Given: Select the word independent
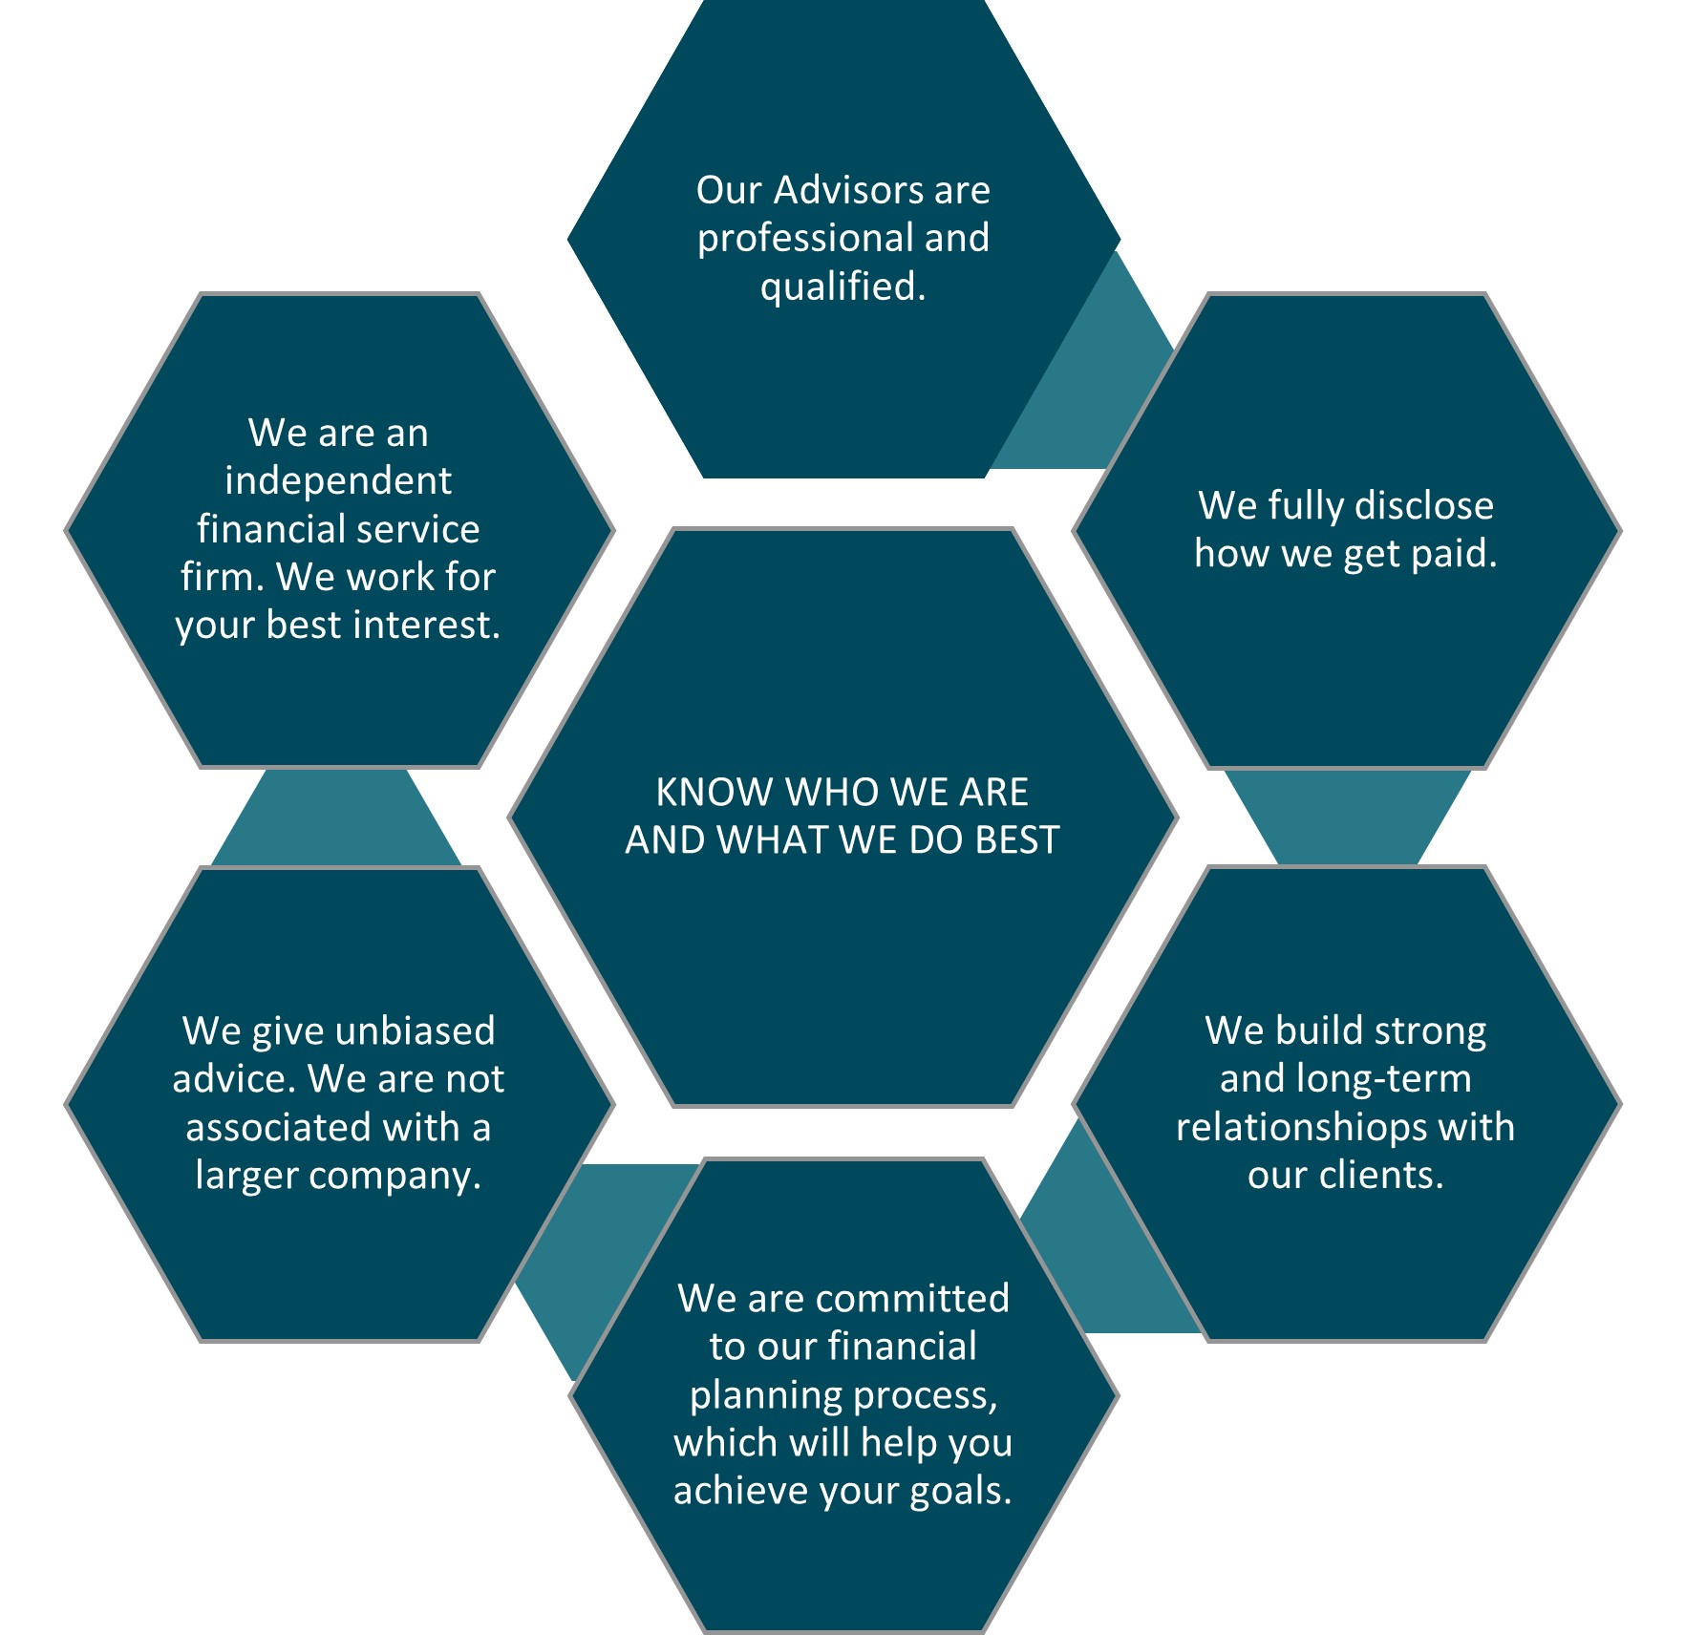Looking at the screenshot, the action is (x=338, y=480).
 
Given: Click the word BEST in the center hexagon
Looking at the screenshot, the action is (x=1016, y=840).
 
